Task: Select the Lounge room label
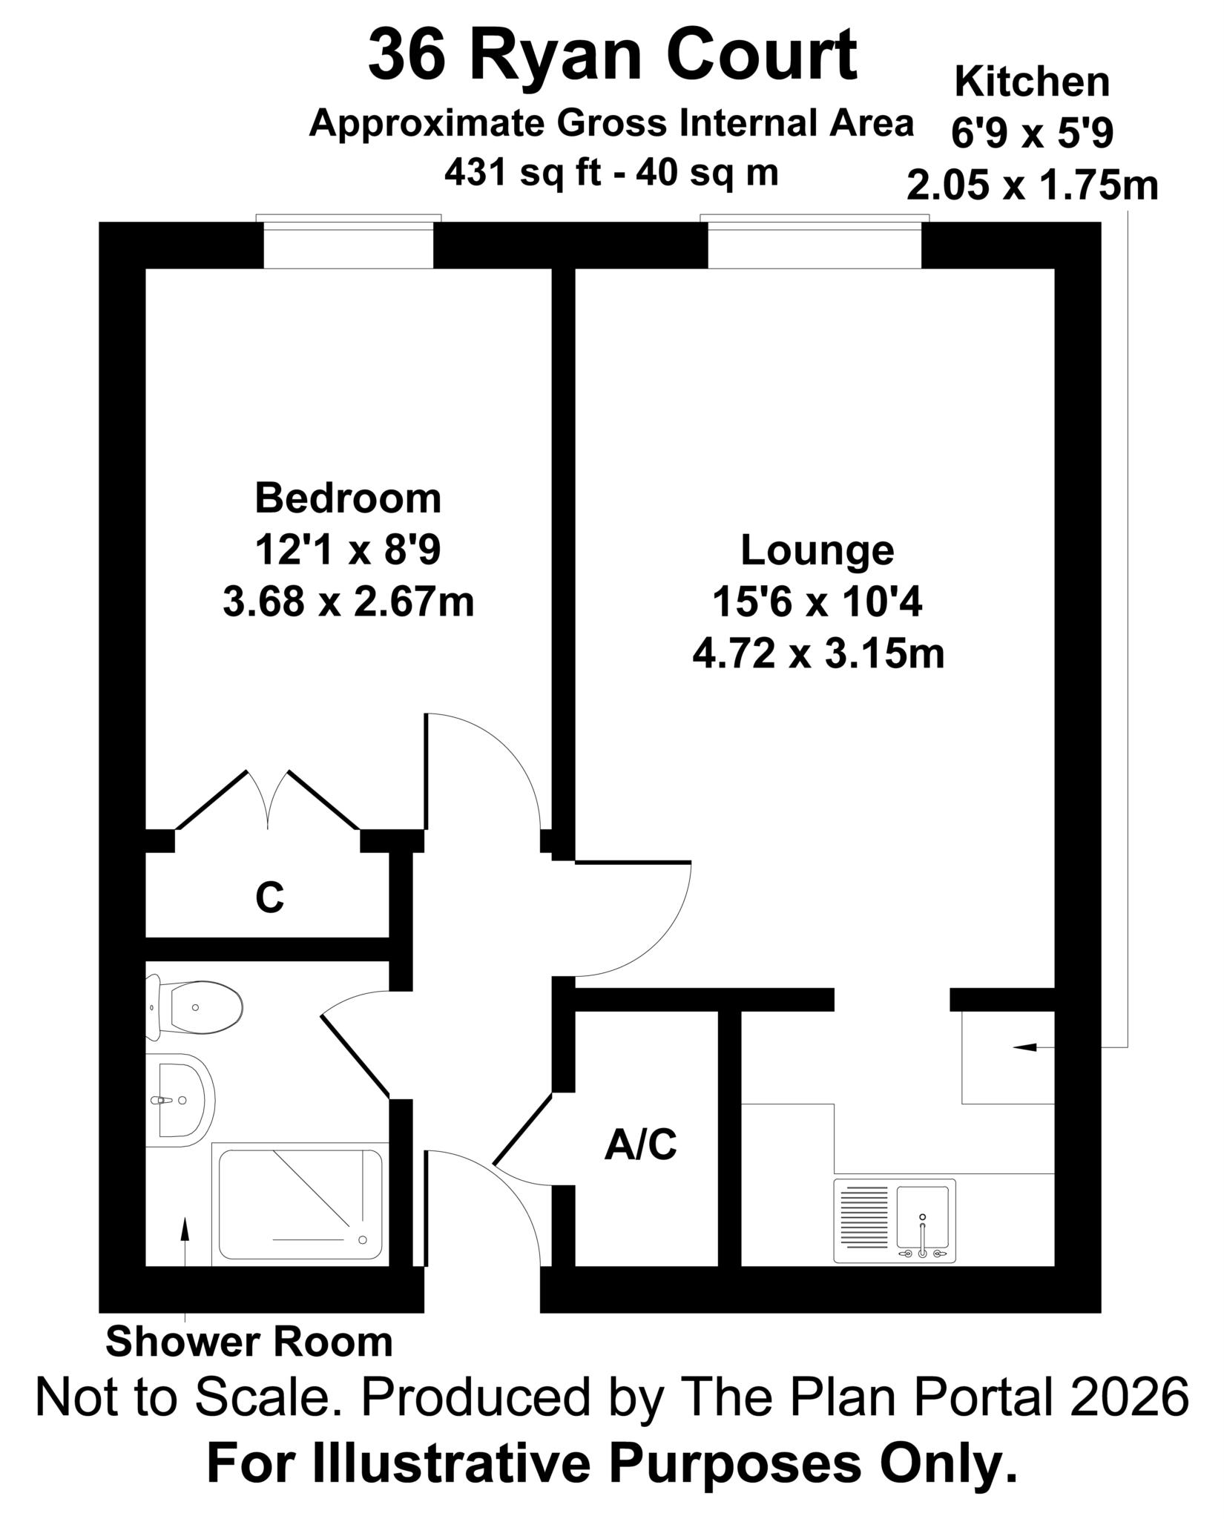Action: click(x=817, y=550)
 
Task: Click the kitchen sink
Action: click(x=895, y=1221)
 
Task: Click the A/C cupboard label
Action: click(x=641, y=1144)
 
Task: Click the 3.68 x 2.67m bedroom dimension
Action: click(x=348, y=602)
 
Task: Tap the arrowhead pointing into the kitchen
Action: click(x=1024, y=1047)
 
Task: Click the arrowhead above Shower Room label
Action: click(x=185, y=1228)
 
